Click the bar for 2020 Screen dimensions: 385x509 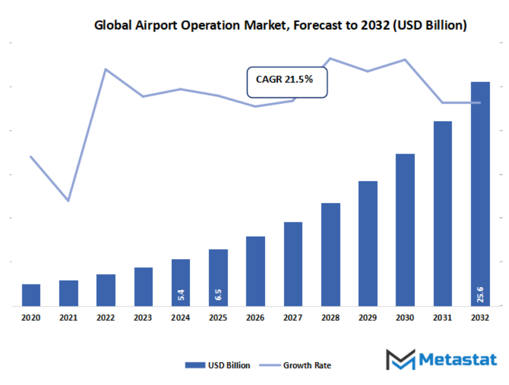point(31,295)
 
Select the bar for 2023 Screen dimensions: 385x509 point(143,286)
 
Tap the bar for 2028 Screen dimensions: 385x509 point(330,254)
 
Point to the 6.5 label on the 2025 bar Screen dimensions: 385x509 point(218,294)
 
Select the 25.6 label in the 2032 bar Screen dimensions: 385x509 point(480,294)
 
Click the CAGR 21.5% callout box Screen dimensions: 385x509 point(287,82)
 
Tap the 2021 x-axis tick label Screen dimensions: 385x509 point(68,318)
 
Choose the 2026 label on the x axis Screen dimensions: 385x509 point(255,318)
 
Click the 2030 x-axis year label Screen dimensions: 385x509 point(405,318)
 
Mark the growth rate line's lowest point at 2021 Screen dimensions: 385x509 point(68,200)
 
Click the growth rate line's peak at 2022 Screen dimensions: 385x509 point(106,69)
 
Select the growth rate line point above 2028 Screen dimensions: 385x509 point(330,58)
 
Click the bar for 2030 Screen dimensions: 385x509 point(405,230)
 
